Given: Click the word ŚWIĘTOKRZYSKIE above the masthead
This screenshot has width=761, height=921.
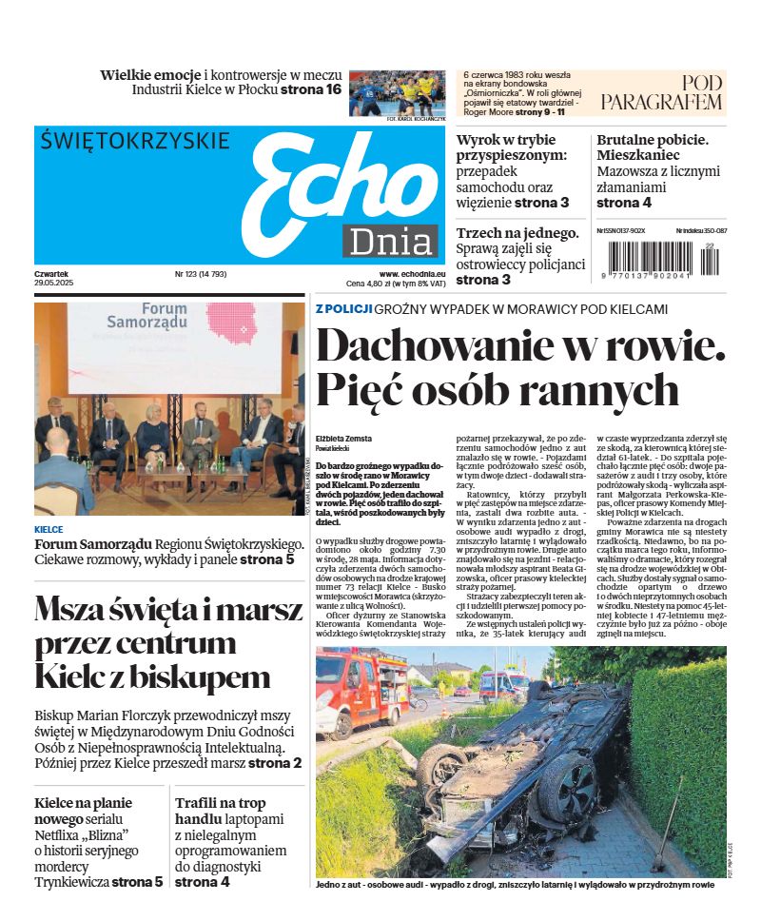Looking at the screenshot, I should pos(136,142).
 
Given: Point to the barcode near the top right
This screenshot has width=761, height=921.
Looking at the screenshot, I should pos(662,259).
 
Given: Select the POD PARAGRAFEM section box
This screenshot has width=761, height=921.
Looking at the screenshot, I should pos(662,92).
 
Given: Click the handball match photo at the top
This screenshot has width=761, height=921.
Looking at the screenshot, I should pos(397,91).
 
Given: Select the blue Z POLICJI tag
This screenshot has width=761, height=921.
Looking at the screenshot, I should pos(342,309).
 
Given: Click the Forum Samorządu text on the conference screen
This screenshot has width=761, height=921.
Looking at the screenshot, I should pos(177,316).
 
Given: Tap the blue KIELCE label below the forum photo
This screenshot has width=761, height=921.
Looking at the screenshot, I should pos(49,529).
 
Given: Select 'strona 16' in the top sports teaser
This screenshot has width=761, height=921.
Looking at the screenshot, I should pos(311,89).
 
